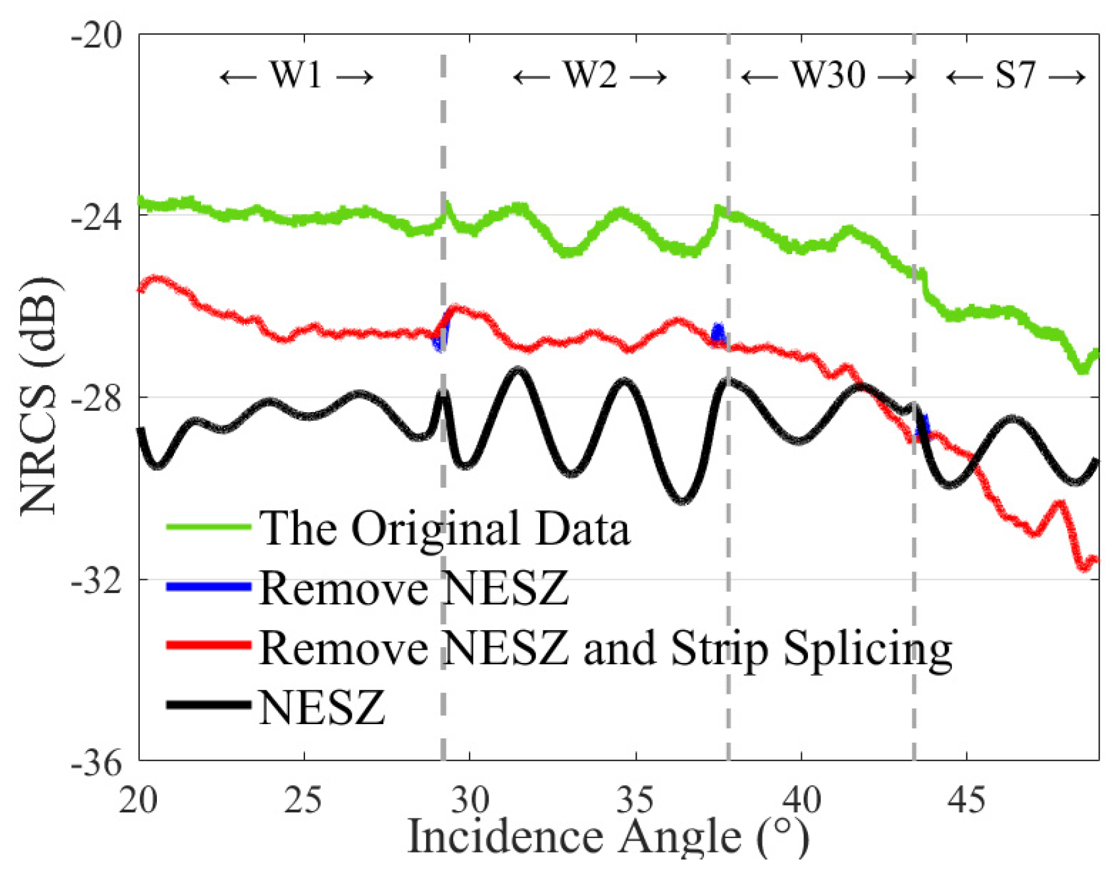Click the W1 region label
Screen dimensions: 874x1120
point(296,76)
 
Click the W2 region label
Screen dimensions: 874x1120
point(590,76)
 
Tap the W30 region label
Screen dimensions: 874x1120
point(828,76)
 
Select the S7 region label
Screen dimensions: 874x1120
point(1015,76)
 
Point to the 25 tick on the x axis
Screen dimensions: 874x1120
point(304,800)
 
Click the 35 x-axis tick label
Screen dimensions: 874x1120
point(636,800)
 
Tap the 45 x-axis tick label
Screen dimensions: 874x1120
point(967,800)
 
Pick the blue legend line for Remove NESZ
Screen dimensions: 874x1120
point(209,587)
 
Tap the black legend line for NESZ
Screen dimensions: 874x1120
point(209,704)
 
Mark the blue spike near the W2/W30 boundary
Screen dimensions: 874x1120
point(718,332)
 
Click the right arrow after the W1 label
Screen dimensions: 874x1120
point(355,78)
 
